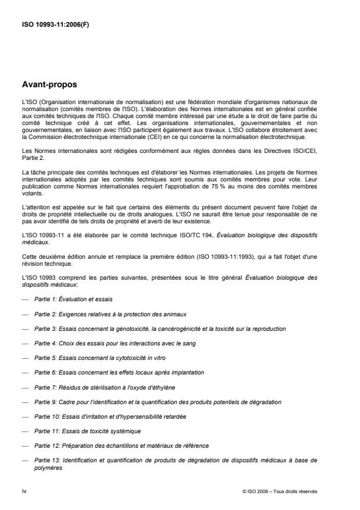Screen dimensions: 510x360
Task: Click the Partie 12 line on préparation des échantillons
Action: (x=121, y=447)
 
